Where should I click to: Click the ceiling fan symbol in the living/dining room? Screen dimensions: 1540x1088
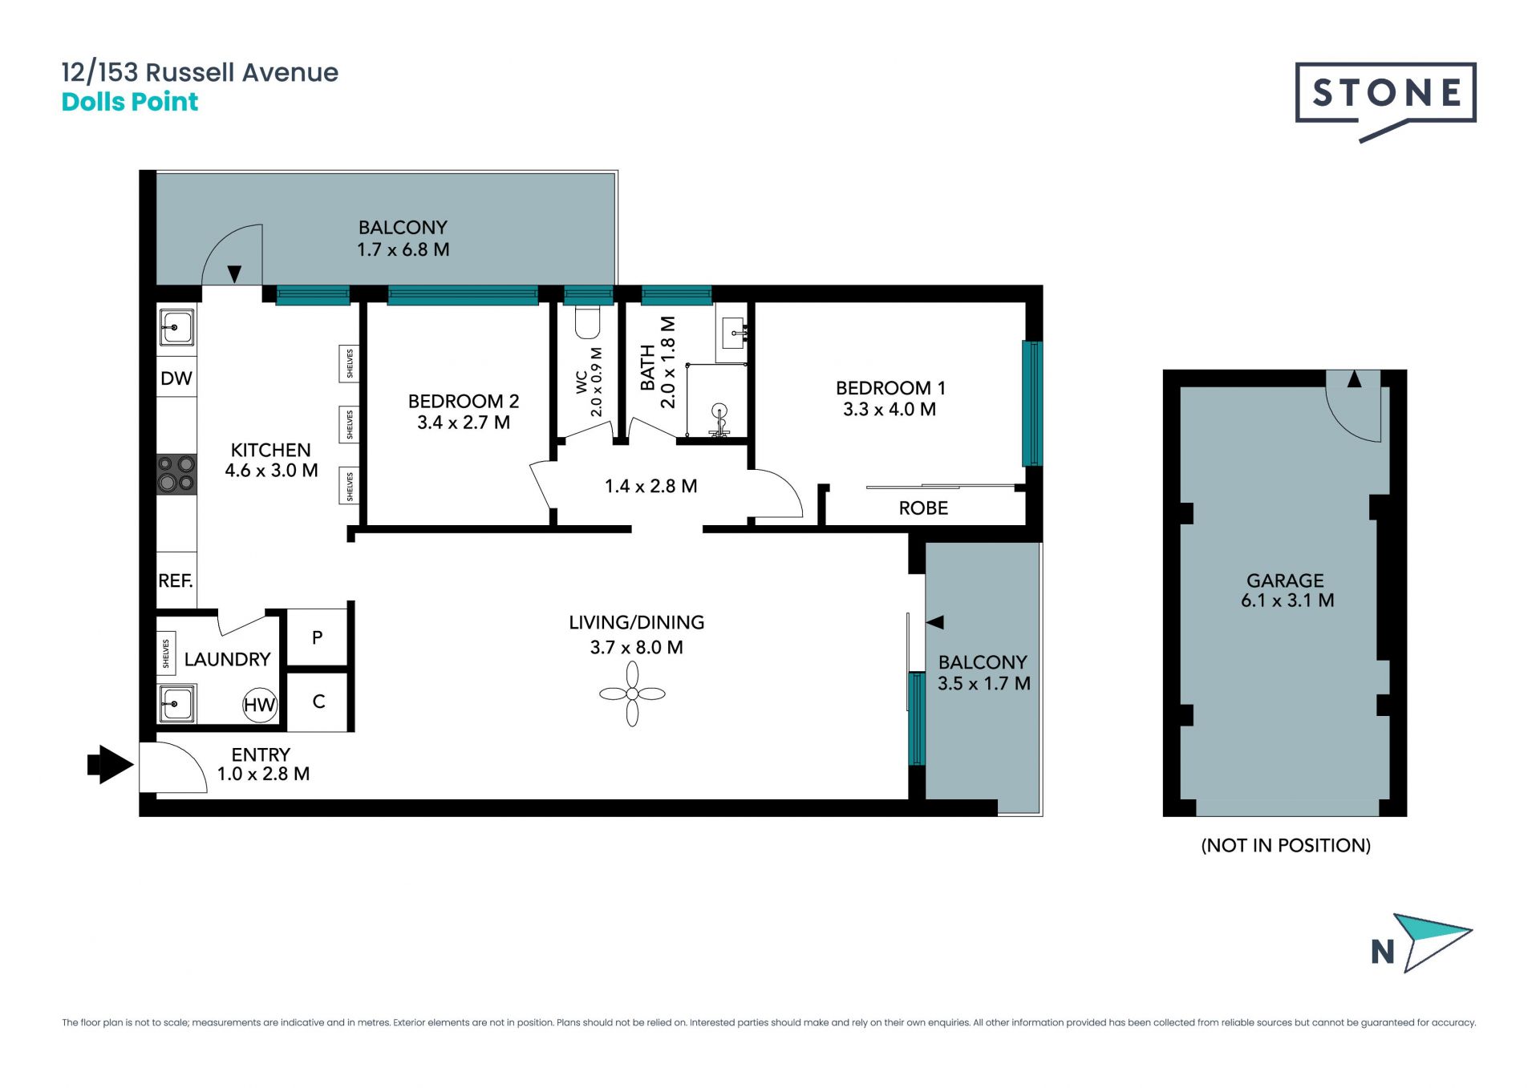(632, 694)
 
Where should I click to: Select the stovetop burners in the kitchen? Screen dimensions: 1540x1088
(176, 474)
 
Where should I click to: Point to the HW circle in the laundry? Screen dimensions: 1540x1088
(260, 705)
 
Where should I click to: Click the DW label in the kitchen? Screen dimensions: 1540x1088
(176, 378)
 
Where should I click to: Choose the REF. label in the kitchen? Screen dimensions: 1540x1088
(176, 580)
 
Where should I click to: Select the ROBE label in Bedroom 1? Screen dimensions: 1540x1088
(923, 508)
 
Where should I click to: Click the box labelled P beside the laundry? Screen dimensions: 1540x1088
(318, 637)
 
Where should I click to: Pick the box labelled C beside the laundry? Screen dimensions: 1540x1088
(318, 702)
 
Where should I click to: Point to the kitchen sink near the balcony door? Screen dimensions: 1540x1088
(176, 328)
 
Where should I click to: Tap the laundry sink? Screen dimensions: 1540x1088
(176, 704)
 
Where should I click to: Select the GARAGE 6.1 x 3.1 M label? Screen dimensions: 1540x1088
(1287, 590)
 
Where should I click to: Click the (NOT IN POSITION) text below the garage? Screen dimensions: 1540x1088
(1286, 845)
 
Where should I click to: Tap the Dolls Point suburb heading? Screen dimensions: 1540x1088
(130, 102)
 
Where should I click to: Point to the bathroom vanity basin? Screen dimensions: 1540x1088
(733, 333)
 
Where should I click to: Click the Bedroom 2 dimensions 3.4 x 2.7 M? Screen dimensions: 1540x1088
(464, 423)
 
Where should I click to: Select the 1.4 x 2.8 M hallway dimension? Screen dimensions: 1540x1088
(650, 486)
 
